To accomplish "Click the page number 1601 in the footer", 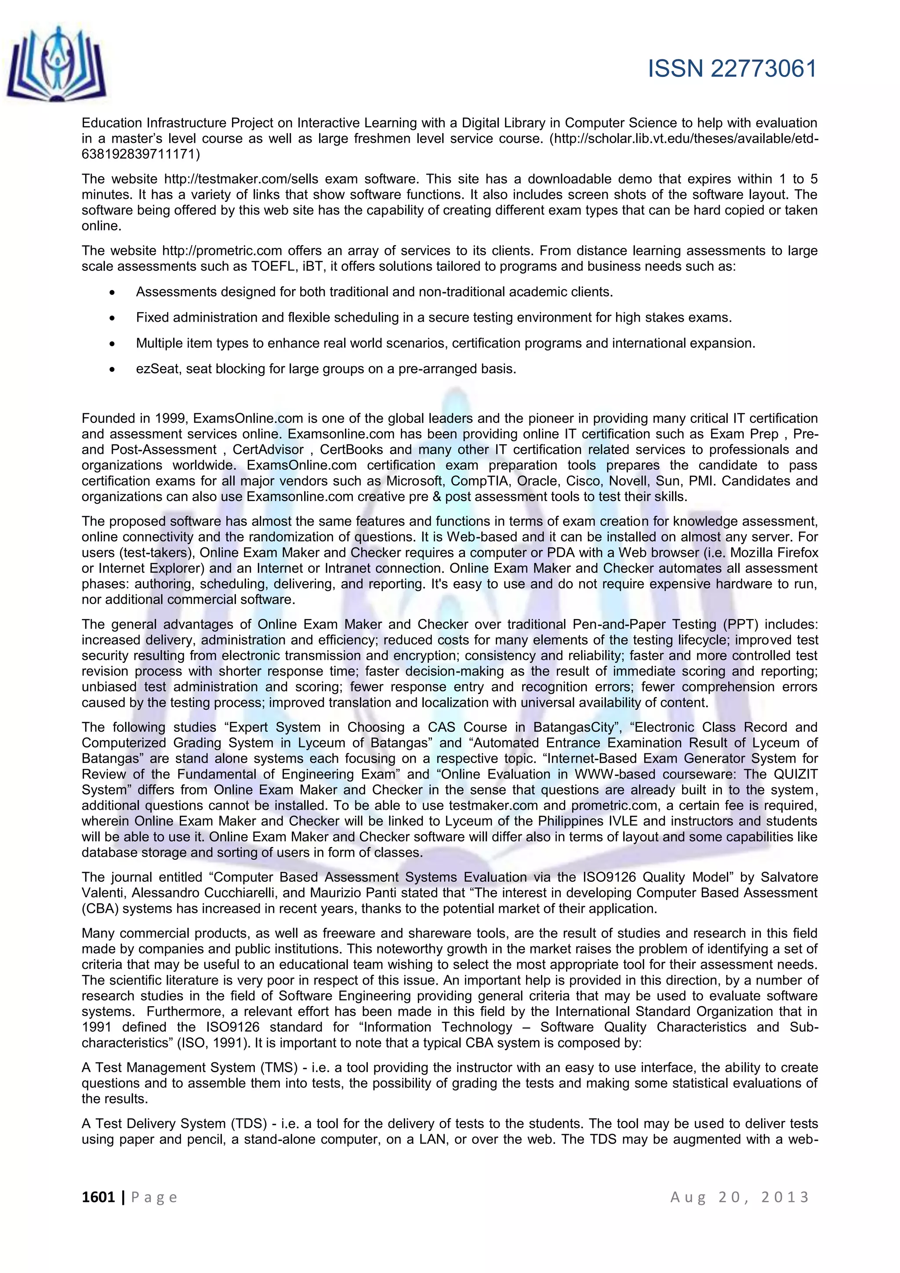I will point(98,1197).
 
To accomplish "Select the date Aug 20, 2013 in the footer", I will point(740,1197).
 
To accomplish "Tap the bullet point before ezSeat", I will point(112,369).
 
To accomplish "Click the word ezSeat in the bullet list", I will point(157,369).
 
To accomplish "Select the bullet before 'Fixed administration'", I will point(112,318).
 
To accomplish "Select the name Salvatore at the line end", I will point(789,877).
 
